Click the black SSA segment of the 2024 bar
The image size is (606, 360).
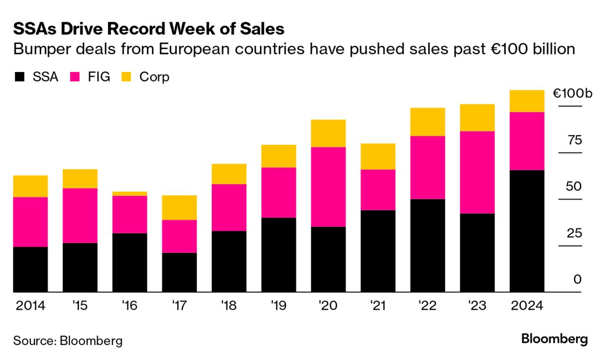[x=526, y=231]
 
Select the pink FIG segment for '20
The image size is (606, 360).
[x=328, y=187]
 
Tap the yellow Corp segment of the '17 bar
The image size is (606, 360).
[x=179, y=207]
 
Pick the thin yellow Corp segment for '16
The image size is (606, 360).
[x=129, y=194]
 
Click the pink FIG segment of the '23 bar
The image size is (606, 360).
[x=477, y=172]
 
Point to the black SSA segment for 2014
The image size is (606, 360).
[x=30, y=269]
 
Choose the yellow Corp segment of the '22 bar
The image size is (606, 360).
[x=427, y=122]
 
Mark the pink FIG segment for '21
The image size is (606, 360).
[x=378, y=189]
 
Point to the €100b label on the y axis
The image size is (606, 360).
[x=572, y=93]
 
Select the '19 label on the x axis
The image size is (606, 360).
[x=278, y=306]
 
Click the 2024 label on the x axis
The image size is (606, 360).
[x=526, y=306]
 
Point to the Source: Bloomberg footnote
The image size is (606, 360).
[x=68, y=341]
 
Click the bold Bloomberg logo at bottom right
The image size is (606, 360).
[x=554, y=339]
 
